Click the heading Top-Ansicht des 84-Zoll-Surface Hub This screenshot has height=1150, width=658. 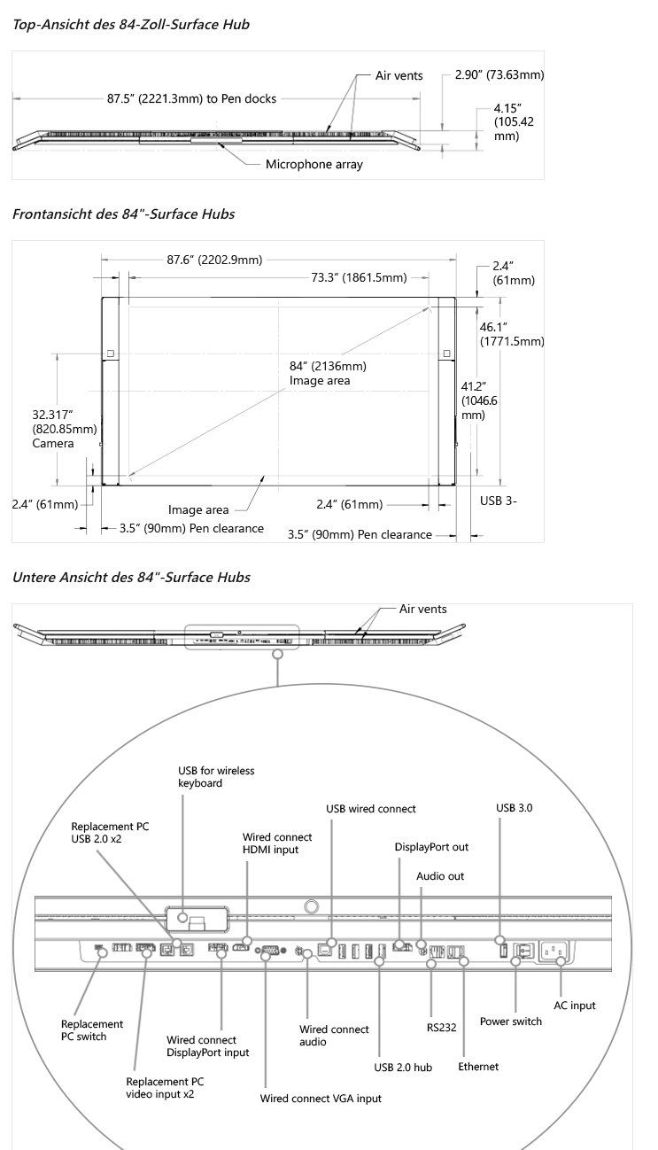click(x=131, y=25)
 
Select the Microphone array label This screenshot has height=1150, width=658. click(x=314, y=164)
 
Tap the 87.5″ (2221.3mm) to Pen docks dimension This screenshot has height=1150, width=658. click(x=191, y=98)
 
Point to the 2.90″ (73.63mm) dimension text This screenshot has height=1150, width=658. click(x=499, y=74)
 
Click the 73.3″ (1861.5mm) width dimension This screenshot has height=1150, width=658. click(x=359, y=277)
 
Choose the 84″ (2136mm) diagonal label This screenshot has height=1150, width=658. click(x=328, y=366)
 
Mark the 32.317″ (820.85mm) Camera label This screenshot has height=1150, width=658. click(x=64, y=429)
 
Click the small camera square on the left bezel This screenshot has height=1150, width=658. click(x=111, y=354)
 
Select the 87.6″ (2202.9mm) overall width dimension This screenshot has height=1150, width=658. click(x=214, y=260)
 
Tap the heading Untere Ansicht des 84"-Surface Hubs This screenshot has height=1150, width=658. click(x=131, y=577)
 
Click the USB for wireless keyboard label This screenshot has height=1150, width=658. click(x=216, y=777)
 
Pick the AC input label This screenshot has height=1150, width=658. click(x=575, y=1006)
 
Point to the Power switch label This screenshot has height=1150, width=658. click(x=511, y=1022)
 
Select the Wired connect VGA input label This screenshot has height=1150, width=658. click(x=321, y=1098)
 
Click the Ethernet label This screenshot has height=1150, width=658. click(x=478, y=1067)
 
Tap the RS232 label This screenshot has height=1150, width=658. click(x=441, y=1028)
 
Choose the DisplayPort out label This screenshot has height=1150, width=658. click(x=431, y=847)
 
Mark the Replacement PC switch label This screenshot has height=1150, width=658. click(x=92, y=1030)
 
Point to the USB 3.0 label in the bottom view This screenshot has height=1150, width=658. click(x=515, y=807)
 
